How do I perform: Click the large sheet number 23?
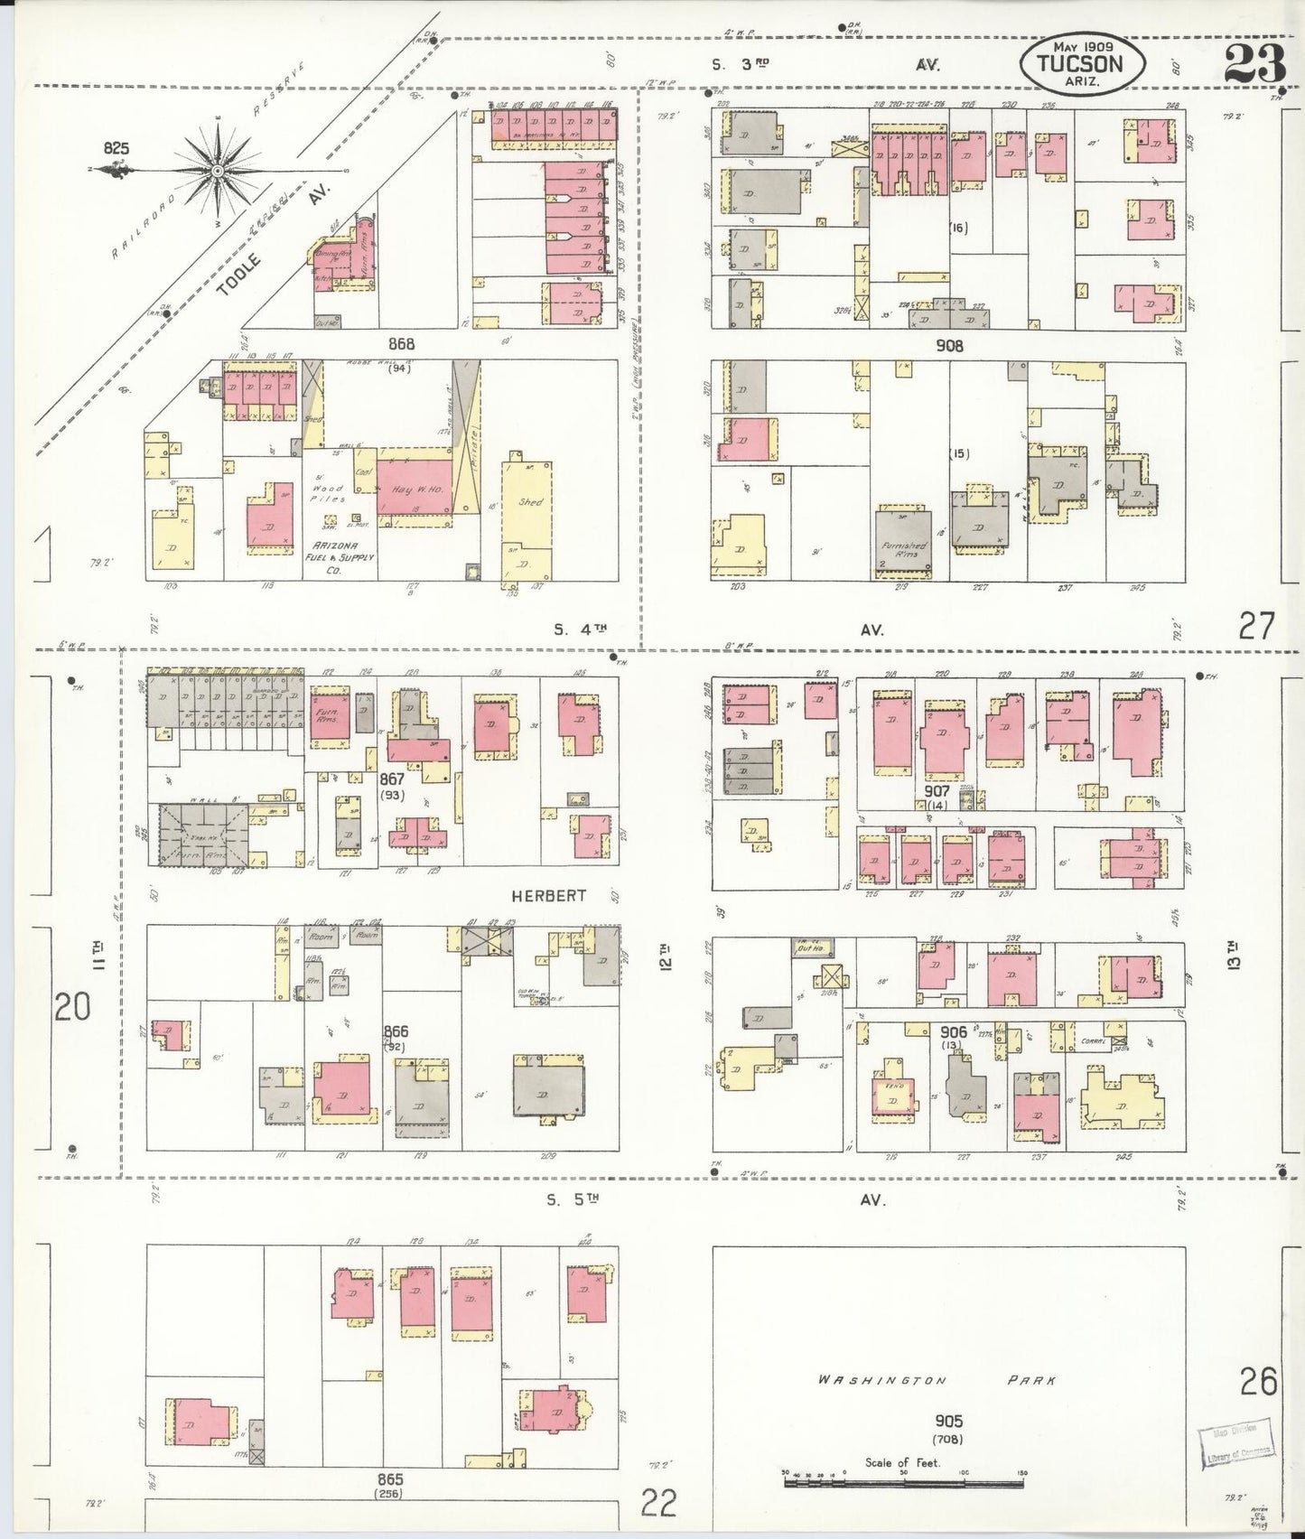click(1254, 63)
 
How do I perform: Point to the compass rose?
click(219, 170)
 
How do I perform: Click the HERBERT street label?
click(548, 896)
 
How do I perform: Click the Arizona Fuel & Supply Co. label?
click(342, 552)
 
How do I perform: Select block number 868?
click(401, 344)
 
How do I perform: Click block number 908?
click(949, 345)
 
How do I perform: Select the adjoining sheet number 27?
click(1255, 625)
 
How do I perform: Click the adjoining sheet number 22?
click(659, 1504)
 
